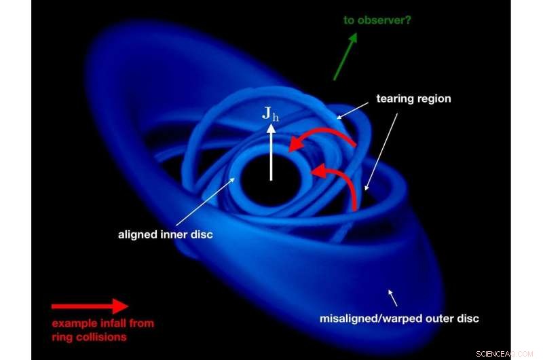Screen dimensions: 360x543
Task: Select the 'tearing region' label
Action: point(413,98)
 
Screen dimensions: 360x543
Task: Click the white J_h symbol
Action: point(271,113)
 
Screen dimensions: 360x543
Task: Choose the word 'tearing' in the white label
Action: point(396,98)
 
